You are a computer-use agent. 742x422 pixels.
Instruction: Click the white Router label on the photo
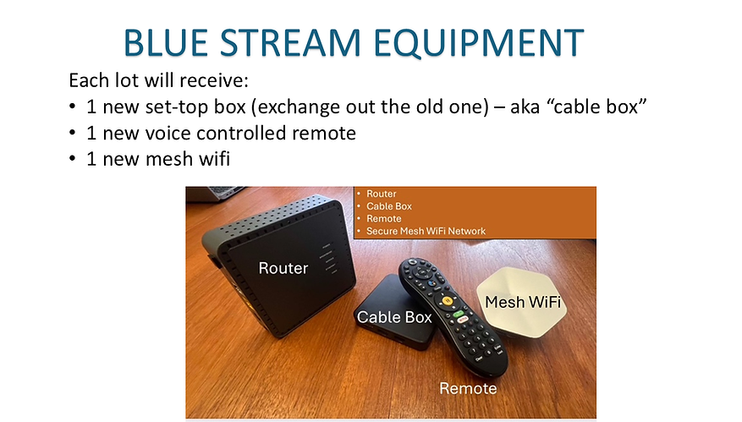pyautogui.click(x=283, y=268)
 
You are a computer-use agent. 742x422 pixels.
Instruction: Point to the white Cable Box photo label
pyautogui.click(x=394, y=317)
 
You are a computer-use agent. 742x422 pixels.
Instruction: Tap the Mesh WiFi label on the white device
pyautogui.click(x=522, y=300)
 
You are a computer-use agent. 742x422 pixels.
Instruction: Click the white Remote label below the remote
pyautogui.click(x=467, y=388)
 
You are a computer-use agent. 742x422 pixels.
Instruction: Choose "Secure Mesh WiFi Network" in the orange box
pyautogui.click(x=426, y=231)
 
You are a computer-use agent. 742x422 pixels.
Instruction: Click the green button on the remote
pyautogui.click(x=459, y=315)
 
